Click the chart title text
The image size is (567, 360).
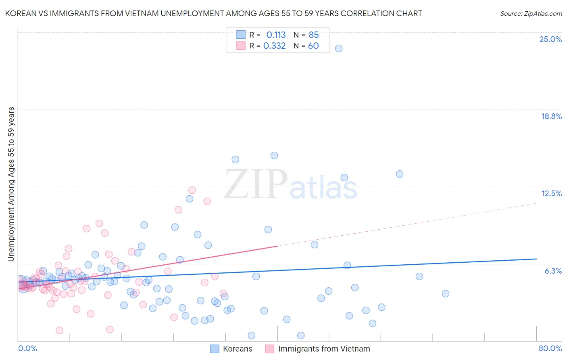tap(214, 13)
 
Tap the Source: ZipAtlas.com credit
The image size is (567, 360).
tap(531, 13)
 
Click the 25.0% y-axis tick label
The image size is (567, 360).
tap(550, 39)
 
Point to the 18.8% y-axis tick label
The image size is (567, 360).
tap(551, 116)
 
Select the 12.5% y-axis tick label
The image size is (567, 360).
tap(551, 193)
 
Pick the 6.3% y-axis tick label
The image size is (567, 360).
tap(553, 271)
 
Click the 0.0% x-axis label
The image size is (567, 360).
tap(27, 348)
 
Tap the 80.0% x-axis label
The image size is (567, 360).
tap(550, 348)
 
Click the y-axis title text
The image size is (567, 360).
tap(11, 184)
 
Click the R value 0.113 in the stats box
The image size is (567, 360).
tap(276, 35)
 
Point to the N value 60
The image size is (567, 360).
tap(313, 46)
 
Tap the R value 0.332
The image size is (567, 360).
tap(274, 46)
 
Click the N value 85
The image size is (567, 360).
tap(313, 35)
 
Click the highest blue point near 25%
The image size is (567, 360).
tap(339, 48)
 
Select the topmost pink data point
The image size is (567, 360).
tap(192, 190)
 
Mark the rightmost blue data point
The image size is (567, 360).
tap(446, 293)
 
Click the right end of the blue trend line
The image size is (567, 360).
tap(536, 259)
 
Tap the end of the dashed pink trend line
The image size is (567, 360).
tap(536, 203)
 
